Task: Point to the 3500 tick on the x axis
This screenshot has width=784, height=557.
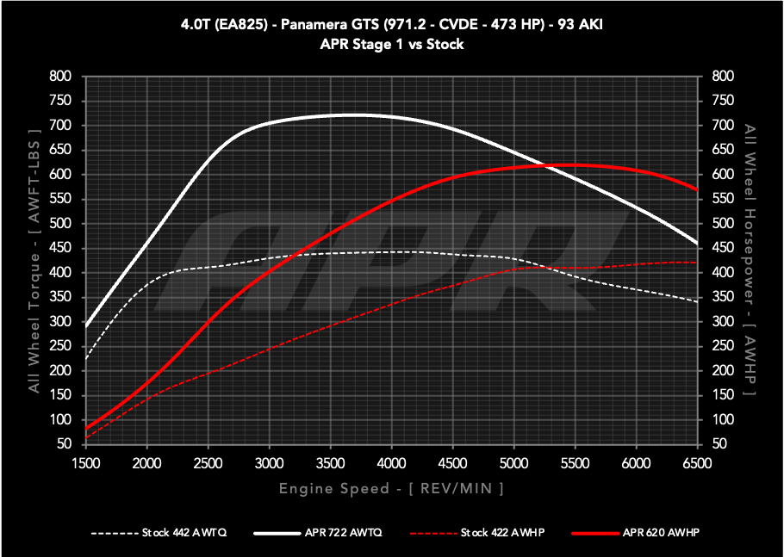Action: coord(331,463)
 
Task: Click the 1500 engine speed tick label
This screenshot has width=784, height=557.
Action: coord(86,463)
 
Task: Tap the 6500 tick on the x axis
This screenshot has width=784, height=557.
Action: coord(697,463)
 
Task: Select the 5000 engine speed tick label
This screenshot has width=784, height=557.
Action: coord(513,463)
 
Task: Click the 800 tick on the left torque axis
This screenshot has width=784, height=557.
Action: coord(59,77)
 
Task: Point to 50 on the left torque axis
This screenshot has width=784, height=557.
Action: coord(63,444)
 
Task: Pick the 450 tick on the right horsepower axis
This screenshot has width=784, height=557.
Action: coord(723,248)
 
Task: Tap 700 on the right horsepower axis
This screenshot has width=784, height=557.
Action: coord(723,126)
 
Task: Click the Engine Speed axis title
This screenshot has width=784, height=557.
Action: coord(391,489)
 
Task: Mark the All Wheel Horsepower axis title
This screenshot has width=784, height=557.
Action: coord(750,259)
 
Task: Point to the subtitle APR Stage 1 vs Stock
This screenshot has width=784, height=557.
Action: coord(391,44)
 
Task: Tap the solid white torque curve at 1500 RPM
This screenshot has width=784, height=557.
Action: coord(86,326)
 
